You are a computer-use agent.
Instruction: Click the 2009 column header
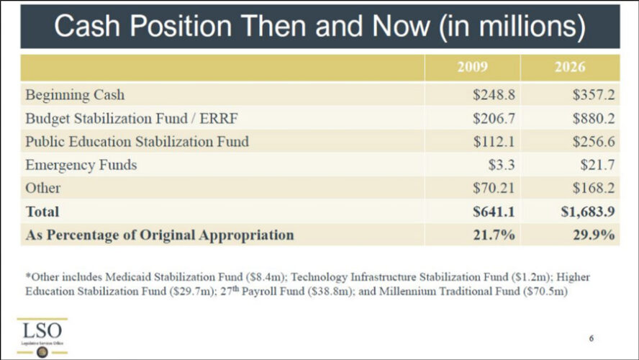[473, 68]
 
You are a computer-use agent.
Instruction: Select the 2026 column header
[569, 68]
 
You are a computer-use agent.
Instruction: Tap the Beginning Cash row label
[75, 95]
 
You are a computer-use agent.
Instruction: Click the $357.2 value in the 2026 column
[594, 95]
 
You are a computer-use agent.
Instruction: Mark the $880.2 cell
[594, 118]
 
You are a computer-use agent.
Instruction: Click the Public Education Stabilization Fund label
[137, 142]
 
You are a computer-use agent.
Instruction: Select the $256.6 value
[594, 142]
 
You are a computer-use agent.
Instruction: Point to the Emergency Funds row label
[81, 166]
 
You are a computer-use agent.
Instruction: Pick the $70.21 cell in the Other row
[493, 189]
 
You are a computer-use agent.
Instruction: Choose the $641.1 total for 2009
[494, 212]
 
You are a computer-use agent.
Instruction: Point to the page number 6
[592, 337]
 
